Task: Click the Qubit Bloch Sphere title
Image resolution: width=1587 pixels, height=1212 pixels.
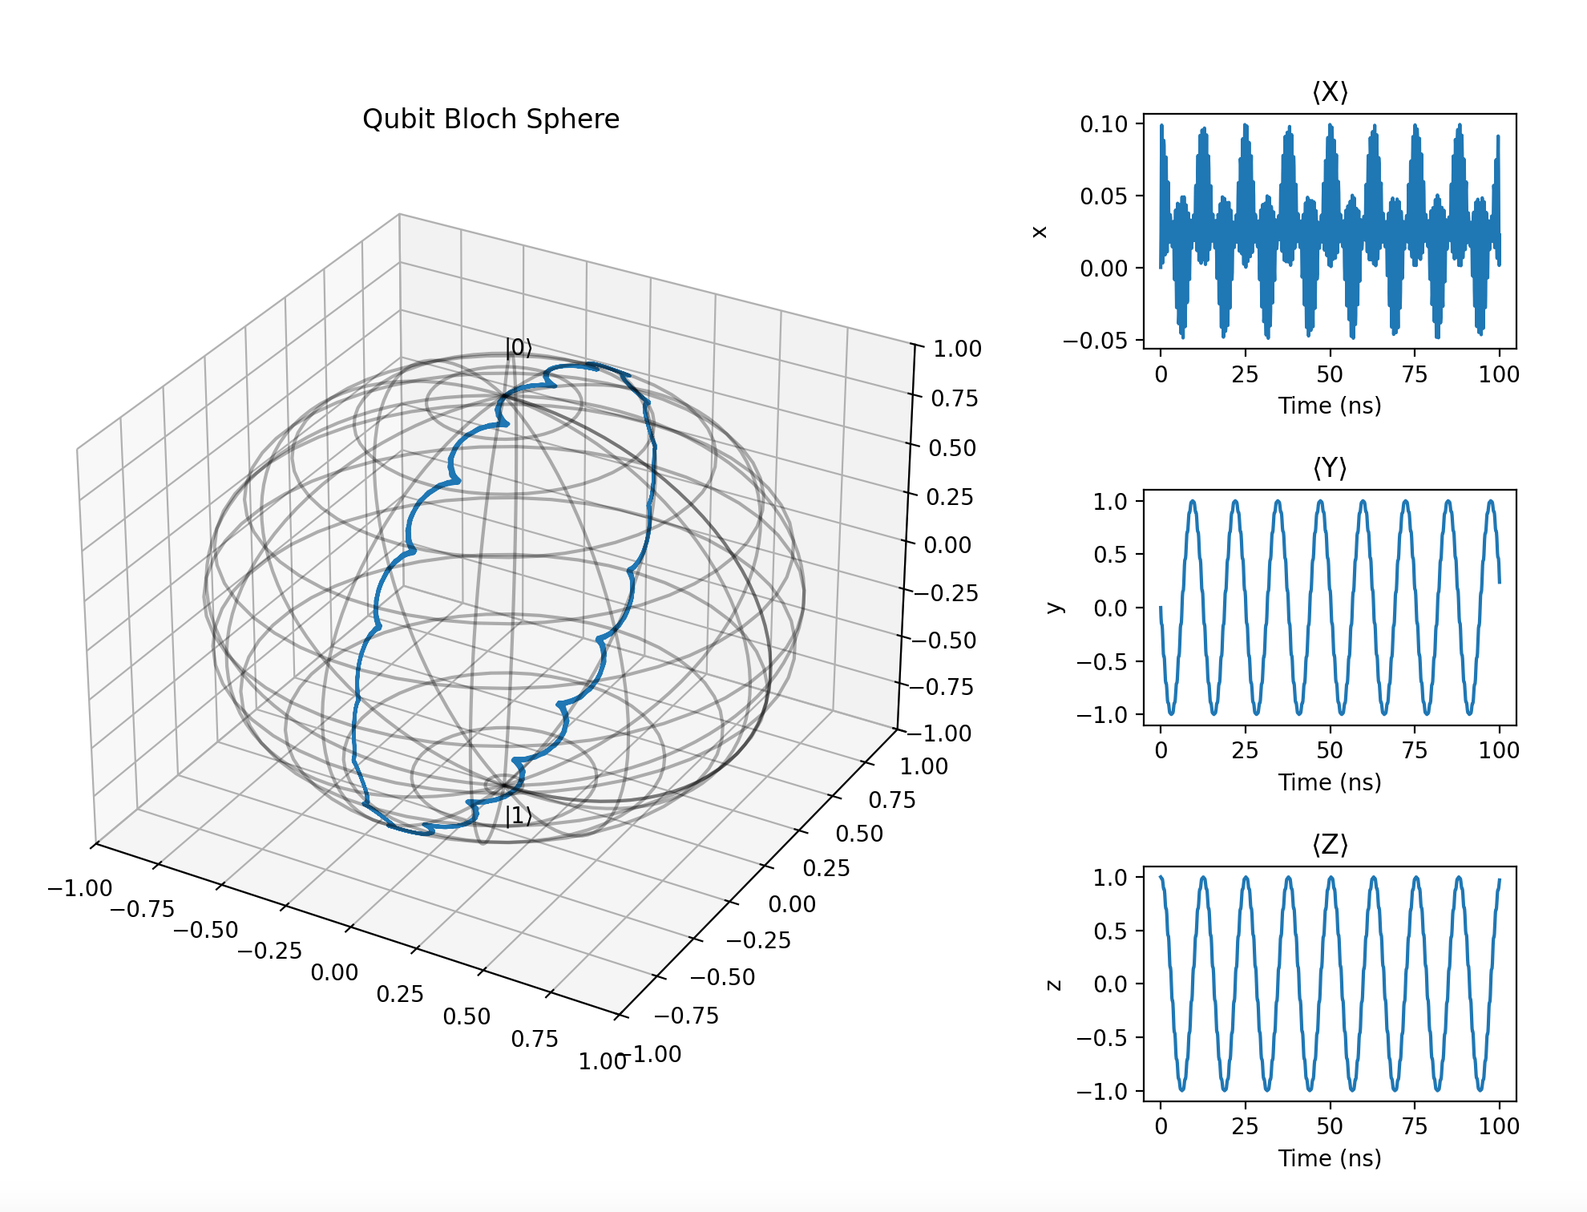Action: (491, 119)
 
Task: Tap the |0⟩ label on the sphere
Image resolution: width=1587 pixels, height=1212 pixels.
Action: (518, 348)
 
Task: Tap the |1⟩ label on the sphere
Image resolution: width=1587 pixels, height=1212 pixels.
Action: (518, 816)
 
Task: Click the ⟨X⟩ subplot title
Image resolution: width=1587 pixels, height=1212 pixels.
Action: (1330, 93)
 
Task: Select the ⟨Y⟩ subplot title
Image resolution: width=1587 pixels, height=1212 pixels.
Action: (1330, 468)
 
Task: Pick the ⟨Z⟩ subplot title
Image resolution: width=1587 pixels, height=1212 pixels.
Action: (1330, 845)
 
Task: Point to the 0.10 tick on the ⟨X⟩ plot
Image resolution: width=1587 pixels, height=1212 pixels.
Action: (1104, 124)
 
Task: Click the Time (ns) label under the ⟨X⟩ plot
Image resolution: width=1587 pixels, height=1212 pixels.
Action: (1330, 406)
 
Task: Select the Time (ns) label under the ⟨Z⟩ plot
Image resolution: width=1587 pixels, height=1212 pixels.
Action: (1330, 1158)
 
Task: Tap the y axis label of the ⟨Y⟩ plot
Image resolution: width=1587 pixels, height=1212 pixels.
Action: (1054, 608)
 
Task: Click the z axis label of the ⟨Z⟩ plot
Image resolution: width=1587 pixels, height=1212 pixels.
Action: (1054, 984)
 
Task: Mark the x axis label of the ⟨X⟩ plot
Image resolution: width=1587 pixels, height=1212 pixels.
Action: (1040, 232)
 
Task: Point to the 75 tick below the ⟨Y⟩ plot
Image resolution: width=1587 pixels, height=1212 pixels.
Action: (1415, 751)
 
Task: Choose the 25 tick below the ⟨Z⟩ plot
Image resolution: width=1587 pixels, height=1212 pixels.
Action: (1245, 1127)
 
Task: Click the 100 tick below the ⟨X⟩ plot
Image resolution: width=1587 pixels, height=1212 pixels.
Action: (1499, 374)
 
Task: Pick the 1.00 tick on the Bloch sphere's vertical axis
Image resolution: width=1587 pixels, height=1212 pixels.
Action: (957, 349)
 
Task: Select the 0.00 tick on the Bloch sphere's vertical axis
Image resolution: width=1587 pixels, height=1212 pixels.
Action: (947, 545)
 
